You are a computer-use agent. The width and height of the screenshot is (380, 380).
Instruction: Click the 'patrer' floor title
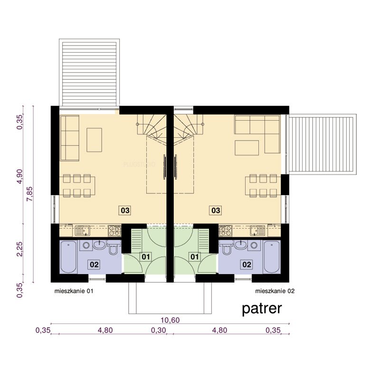(x=262, y=309)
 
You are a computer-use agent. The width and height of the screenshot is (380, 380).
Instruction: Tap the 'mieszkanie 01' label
(x=74, y=291)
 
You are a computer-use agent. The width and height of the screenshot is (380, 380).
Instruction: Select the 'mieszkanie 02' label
(x=275, y=291)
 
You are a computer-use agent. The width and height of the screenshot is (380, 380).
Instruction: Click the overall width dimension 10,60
(x=170, y=320)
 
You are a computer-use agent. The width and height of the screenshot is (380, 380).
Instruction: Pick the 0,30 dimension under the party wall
(x=159, y=330)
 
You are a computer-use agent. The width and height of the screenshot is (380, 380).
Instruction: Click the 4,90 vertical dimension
(x=20, y=176)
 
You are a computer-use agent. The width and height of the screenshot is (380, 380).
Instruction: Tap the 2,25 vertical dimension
(x=20, y=248)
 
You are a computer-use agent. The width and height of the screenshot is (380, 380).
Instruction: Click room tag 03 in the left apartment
(x=125, y=210)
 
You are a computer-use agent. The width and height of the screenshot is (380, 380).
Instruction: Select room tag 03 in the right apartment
(x=216, y=210)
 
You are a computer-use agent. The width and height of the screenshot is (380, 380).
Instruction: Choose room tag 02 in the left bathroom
(x=94, y=265)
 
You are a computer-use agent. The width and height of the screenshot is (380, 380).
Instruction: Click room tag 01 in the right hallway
(x=195, y=256)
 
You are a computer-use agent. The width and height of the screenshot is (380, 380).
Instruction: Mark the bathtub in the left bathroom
(x=68, y=257)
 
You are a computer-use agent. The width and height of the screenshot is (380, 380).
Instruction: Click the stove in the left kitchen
(x=114, y=230)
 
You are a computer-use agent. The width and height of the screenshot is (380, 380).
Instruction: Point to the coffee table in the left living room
(x=94, y=140)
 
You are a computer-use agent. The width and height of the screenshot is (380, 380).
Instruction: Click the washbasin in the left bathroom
(x=99, y=245)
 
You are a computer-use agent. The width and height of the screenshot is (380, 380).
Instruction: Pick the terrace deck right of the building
(x=322, y=145)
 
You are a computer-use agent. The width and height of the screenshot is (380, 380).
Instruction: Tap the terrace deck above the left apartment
(x=89, y=73)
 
